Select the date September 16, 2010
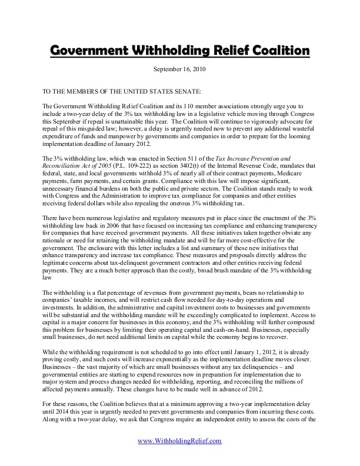coord(179,69)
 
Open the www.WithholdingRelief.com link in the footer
coord(179,457)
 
